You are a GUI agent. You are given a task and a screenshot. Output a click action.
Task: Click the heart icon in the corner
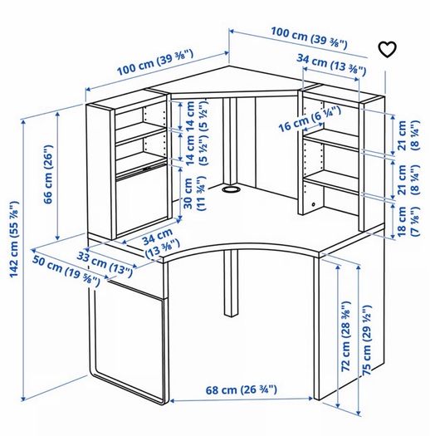pos(387,50)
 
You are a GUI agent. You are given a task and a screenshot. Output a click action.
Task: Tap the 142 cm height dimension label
pos(14,239)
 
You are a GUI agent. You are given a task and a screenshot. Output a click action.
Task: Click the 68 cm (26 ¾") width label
pos(242,389)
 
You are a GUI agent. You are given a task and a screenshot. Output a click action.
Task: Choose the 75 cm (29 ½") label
pos(367,340)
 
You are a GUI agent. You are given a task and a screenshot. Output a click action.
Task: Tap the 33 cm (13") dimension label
pos(105,264)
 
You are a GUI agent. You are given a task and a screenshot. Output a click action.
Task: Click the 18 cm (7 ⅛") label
pos(408,222)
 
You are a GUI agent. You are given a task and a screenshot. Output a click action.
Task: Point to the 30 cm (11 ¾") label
pos(195,194)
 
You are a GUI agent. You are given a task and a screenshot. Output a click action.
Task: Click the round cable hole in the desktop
pos(231,189)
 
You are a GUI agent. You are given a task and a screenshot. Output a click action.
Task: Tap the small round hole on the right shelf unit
pos(314,204)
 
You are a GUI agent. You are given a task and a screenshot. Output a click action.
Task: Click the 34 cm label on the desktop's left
pos(161,242)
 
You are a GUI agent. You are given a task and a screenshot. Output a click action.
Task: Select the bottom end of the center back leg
pos(232,315)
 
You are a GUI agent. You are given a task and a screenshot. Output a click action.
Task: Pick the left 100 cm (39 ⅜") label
pos(155,62)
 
